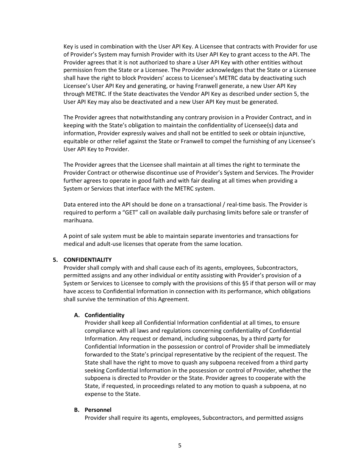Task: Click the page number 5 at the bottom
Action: click(180, 446)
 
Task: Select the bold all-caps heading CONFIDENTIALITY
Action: click(87, 260)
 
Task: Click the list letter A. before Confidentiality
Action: click(77, 315)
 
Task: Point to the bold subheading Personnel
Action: click(98, 410)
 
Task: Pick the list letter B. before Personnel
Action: click(77, 410)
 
